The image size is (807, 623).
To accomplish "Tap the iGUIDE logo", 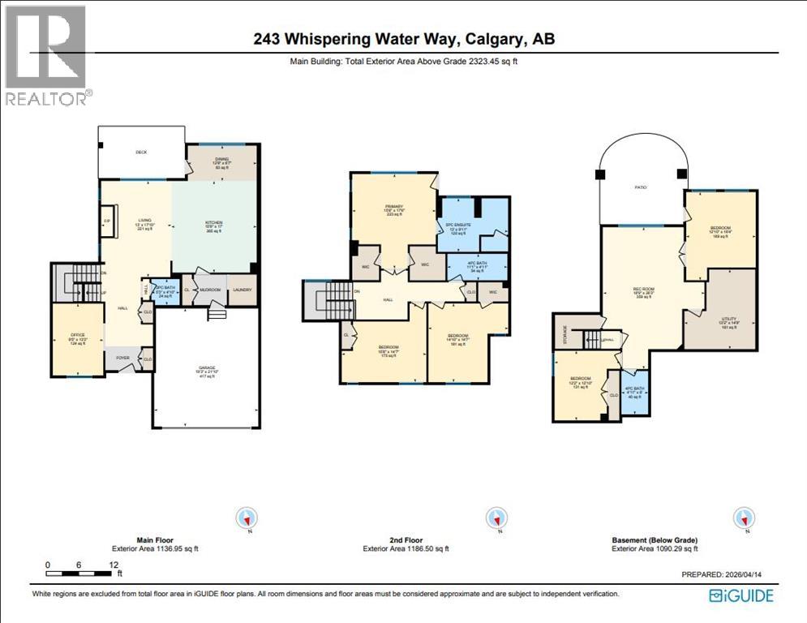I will coord(740,596).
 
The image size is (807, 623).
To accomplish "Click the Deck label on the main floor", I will coord(142,152).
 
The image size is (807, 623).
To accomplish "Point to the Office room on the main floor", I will coord(78,338).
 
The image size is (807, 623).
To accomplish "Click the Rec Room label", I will coord(643,293).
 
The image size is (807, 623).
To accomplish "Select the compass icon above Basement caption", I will coord(744,518).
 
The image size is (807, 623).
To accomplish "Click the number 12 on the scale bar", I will coord(114,565).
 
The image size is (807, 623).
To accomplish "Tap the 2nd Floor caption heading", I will coord(403,539).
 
